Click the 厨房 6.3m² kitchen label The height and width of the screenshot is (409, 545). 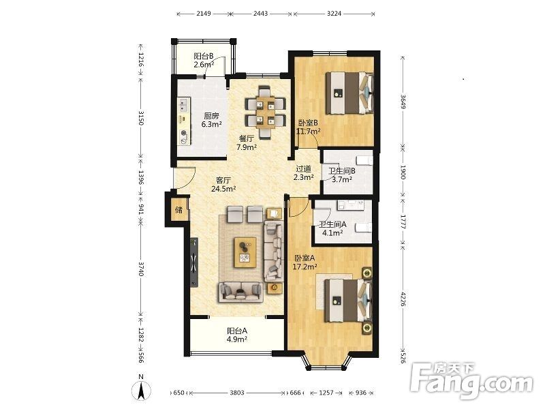(212, 120)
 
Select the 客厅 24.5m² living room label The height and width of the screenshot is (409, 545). (223, 185)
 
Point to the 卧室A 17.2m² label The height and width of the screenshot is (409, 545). (305, 262)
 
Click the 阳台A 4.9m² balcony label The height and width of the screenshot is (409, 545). (236, 335)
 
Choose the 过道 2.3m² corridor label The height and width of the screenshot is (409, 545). (303, 173)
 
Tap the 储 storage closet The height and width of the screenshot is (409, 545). (179, 210)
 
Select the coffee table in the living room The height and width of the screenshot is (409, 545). (245, 252)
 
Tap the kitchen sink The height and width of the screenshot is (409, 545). (183, 106)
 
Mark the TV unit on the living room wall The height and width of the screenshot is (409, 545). (194, 262)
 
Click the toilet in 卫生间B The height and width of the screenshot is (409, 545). (364, 161)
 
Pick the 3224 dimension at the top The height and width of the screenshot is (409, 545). (334, 14)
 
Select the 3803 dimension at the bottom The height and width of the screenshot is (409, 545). (237, 393)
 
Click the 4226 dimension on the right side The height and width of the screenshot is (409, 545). (403, 299)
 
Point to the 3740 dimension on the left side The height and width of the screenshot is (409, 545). (141, 269)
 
